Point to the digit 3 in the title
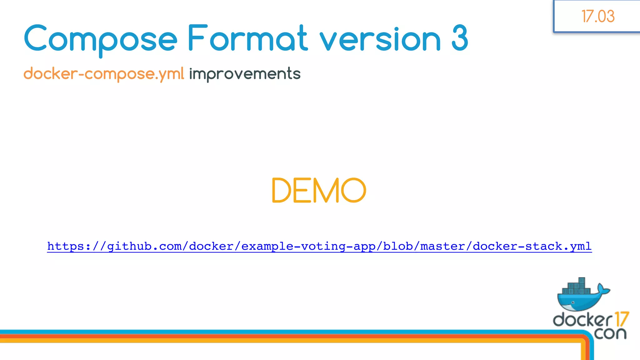(x=460, y=39)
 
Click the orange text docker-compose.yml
(x=104, y=74)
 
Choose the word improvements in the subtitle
(x=245, y=74)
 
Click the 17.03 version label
(x=598, y=16)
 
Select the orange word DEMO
(x=319, y=190)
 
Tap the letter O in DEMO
(x=353, y=190)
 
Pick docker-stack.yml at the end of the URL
(x=532, y=246)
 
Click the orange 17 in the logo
(x=621, y=319)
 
